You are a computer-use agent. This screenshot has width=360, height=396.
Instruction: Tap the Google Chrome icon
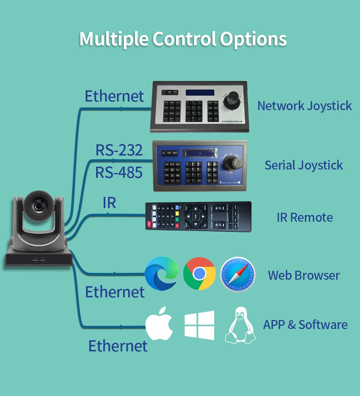199,274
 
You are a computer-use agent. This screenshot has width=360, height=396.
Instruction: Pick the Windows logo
199,325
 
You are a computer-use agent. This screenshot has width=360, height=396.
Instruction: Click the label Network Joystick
305,106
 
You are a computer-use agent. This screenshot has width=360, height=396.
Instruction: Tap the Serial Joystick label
303,165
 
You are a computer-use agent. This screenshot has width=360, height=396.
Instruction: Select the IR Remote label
305,217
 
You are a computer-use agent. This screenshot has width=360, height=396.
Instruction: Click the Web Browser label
303,275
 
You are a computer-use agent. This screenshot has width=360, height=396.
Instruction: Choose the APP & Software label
305,325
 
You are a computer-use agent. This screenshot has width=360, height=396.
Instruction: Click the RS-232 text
119,150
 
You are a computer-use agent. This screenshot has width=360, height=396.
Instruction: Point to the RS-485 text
119,173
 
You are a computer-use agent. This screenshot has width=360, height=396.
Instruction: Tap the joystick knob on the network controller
233,98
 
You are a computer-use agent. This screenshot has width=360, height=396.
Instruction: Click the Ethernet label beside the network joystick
114,96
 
